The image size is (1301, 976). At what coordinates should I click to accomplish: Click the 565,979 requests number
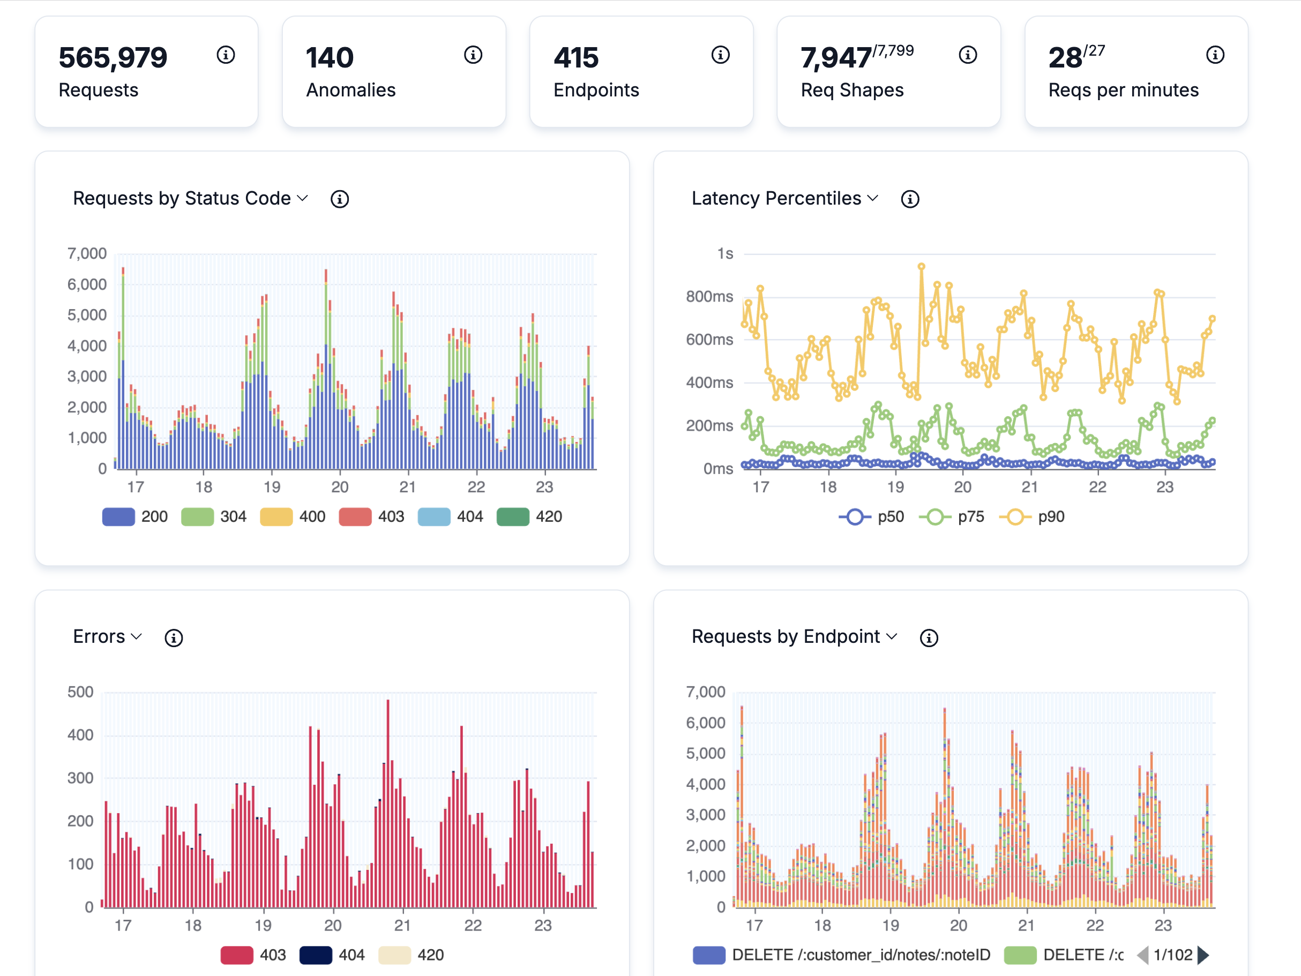(113, 58)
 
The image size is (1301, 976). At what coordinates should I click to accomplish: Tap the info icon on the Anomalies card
(473, 55)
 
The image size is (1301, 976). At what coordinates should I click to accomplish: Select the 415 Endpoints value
(576, 58)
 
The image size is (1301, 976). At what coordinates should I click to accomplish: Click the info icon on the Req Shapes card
(968, 55)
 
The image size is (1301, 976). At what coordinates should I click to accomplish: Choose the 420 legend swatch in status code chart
(513, 517)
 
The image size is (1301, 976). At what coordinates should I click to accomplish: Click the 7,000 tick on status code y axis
(87, 253)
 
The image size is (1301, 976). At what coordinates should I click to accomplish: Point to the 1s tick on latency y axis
(724, 253)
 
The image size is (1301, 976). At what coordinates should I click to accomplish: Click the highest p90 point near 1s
(921, 267)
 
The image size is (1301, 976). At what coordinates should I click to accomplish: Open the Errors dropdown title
(107, 637)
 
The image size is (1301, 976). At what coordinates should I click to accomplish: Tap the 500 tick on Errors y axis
(80, 692)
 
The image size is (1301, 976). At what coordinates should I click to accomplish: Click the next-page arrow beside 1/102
(1203, 955)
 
